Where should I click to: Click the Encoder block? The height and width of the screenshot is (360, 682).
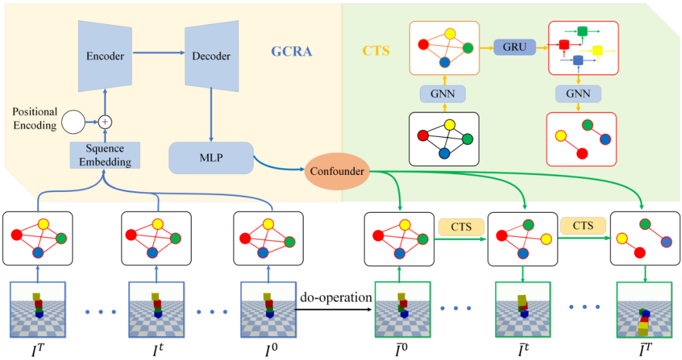105,56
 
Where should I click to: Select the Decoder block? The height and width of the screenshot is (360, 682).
211,56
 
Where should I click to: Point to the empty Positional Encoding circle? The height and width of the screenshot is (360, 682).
73,121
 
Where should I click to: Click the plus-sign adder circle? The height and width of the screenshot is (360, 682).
105,121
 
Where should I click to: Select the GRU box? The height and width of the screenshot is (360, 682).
514,46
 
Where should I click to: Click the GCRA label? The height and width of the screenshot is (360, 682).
292,51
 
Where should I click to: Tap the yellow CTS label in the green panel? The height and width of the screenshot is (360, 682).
376,51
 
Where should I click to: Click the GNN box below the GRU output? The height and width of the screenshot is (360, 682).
578,94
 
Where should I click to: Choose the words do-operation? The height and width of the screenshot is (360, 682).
335,297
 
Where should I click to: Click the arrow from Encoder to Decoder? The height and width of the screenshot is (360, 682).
157,56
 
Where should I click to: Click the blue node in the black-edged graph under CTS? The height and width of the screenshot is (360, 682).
445,153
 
